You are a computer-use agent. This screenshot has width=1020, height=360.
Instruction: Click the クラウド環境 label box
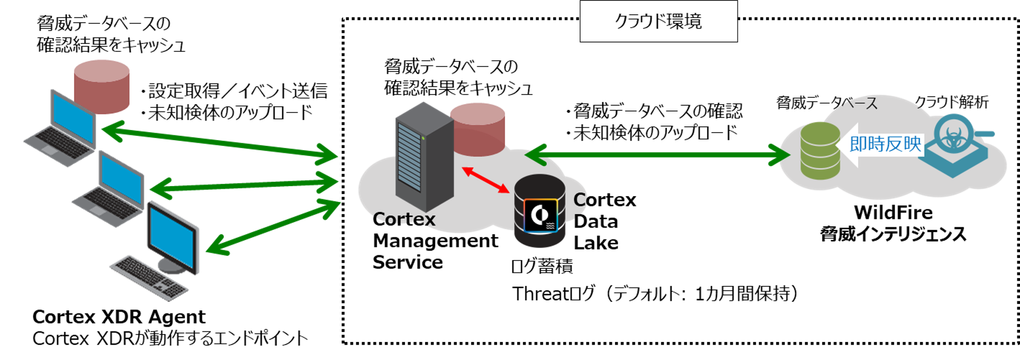(658, 21)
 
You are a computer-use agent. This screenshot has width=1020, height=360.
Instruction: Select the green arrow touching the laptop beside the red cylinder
(219, 141)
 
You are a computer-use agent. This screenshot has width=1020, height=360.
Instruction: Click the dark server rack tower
(424, 157)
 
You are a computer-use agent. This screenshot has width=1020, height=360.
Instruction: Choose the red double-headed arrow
(485, 180)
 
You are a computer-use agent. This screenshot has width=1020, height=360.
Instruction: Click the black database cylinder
(540, 211)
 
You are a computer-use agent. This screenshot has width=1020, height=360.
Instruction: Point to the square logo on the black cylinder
(540, 215)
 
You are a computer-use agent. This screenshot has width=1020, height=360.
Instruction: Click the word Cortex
(404, 219)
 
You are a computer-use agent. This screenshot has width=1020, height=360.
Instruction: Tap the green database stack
(820, 151)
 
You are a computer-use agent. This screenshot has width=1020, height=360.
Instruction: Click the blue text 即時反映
(885, 144)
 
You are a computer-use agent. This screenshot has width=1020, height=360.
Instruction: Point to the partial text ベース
(859, 103)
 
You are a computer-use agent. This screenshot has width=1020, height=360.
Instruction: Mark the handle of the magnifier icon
(985, 134)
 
